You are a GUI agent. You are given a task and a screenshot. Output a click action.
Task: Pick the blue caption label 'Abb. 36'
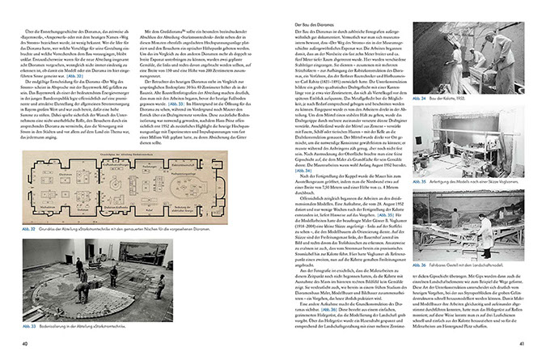pos(439,262)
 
